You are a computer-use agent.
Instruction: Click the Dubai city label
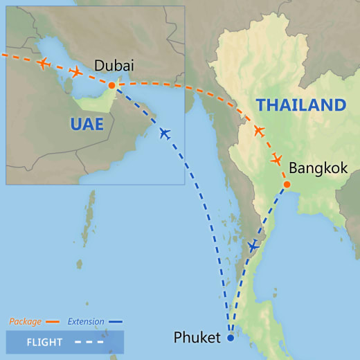click(x=114, y=66)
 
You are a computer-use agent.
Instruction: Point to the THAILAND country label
click(x=300, y=105)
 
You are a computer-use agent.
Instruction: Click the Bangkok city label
click(x=318, y=168)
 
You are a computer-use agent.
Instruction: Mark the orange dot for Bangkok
click(x=287, y=184)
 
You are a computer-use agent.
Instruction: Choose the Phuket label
click(x=197, y=339)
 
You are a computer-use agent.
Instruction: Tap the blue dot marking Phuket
click(x=231, y=339)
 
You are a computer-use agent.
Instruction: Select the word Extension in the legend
click(x=86, y=321)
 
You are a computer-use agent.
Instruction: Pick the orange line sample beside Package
click(x=53, y=322)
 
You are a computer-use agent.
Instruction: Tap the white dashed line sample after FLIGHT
click(x=91, y=342)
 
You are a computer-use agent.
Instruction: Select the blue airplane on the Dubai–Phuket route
click(x=164, y=133)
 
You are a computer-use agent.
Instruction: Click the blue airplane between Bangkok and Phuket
click(x=253, y=246)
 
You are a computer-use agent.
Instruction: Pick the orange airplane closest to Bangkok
click(x=276, y=160)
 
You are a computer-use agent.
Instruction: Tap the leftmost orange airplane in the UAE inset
click(x=44, y=64)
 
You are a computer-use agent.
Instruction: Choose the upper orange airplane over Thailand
click(x=259, y=131)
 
